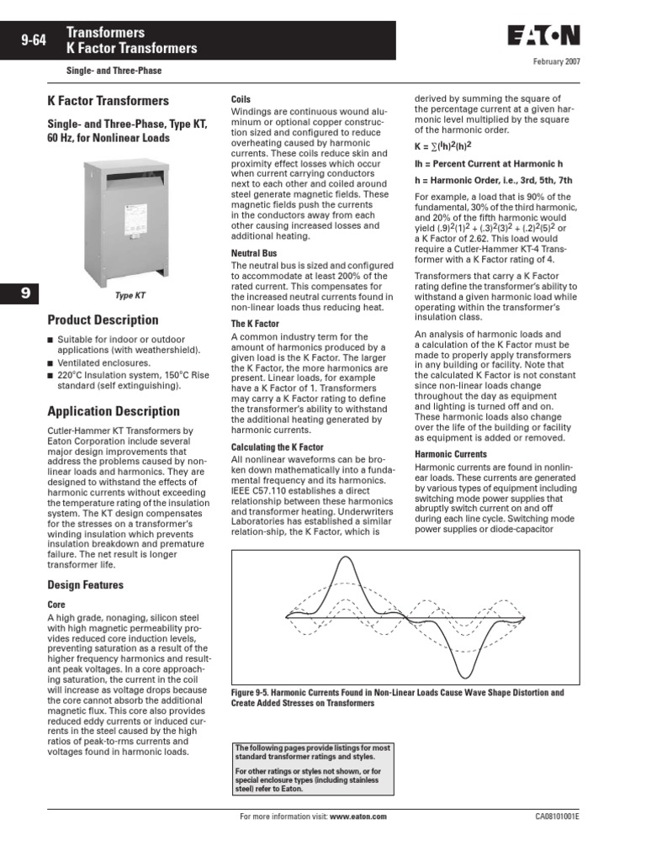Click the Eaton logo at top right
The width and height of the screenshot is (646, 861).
[x=543, y=35]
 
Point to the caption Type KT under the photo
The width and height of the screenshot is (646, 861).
[x=130, y=296]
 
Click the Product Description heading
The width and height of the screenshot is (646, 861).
[x=103, y=320]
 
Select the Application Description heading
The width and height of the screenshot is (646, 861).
[x=114, y=412]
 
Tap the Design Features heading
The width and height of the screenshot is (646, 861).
[x=85, y=585]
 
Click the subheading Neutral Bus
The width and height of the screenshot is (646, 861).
[x=254, y=253]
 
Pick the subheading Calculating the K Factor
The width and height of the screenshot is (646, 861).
[x=277, y=447]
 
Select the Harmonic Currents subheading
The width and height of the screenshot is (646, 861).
[x=451, y=455]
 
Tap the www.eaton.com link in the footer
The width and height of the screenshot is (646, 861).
[x=357, y=817]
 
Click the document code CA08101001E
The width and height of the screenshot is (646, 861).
[x=556, y=817]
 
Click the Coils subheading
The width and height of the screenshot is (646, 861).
[x=241, y=100]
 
